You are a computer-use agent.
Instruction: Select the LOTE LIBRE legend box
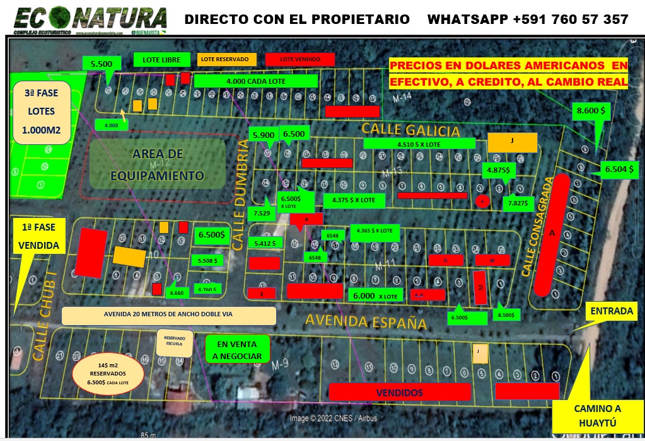point(162,60)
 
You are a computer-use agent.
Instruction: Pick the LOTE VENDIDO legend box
point(300,59)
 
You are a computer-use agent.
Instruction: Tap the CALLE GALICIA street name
point(410,130)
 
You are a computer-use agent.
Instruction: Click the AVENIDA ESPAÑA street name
point(366,321)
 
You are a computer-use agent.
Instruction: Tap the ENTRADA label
point(612,311)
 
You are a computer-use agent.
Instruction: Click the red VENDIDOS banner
point(400,392)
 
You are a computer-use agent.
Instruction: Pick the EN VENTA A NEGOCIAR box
point(238,350)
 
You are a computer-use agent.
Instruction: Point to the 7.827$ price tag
point(521,203)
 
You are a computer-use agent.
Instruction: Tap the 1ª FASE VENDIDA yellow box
point(38,236)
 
